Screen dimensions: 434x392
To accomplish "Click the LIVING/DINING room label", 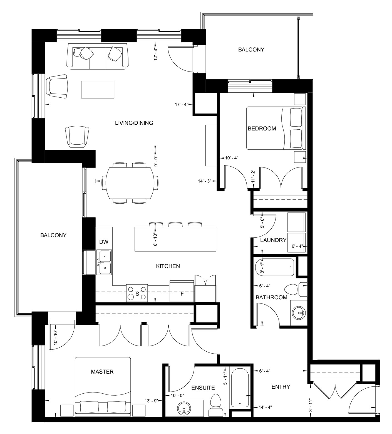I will [134, 123].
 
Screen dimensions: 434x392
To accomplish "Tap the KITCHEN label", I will [168, 266].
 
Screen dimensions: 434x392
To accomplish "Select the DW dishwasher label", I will [104, 242].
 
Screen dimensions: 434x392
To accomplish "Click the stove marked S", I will [137, 293].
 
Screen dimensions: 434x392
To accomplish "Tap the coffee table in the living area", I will [98, 89].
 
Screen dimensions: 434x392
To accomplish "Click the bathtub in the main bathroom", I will [274, 267].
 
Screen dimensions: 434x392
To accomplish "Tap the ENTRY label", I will [281, 387].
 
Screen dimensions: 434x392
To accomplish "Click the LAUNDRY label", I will [273, 240].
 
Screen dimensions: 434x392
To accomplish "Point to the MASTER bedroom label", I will [102, 372].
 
